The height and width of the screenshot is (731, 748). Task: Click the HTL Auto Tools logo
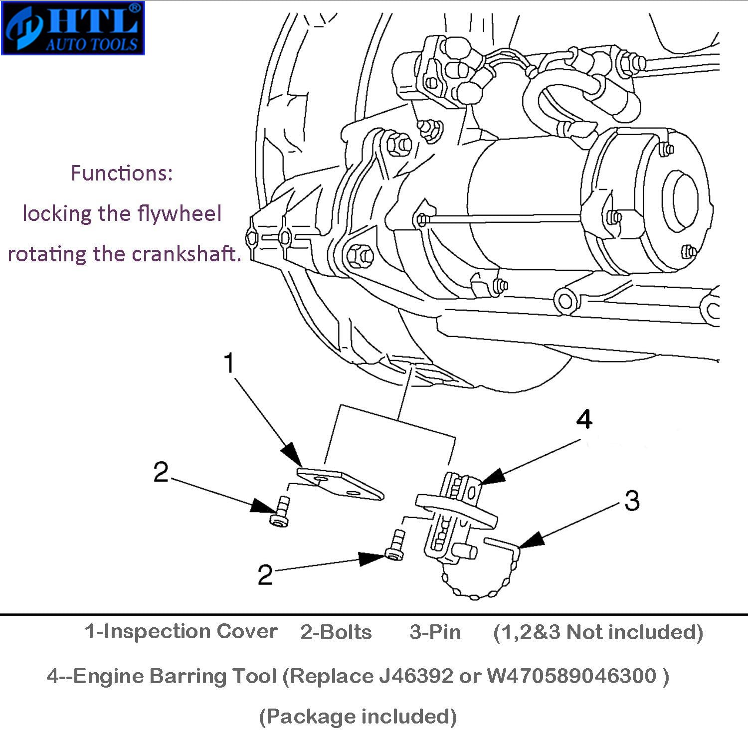73,28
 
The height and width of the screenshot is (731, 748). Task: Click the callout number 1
229,363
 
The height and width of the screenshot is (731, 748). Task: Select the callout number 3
631,500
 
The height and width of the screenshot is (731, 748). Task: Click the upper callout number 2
161,472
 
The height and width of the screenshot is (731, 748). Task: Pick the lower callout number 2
265,575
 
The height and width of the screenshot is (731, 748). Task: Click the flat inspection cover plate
341,484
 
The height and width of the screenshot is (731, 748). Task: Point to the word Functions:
122,174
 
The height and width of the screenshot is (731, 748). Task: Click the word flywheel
180,214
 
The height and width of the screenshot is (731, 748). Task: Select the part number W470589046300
571,676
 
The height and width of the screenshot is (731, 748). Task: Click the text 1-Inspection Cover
181,632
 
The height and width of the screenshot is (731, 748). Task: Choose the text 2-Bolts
336,632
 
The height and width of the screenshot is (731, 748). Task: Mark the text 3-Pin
435,632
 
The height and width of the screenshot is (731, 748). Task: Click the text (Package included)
358,717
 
